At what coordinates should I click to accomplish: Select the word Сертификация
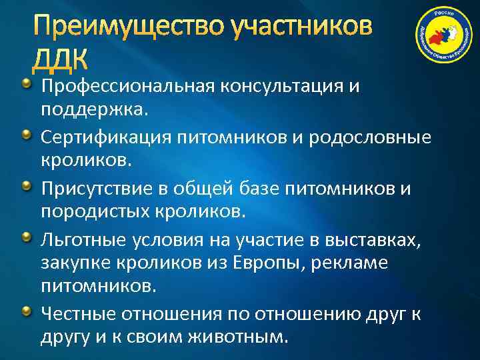tap(96, 138)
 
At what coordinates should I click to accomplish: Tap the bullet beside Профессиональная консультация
tap(27, 84)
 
